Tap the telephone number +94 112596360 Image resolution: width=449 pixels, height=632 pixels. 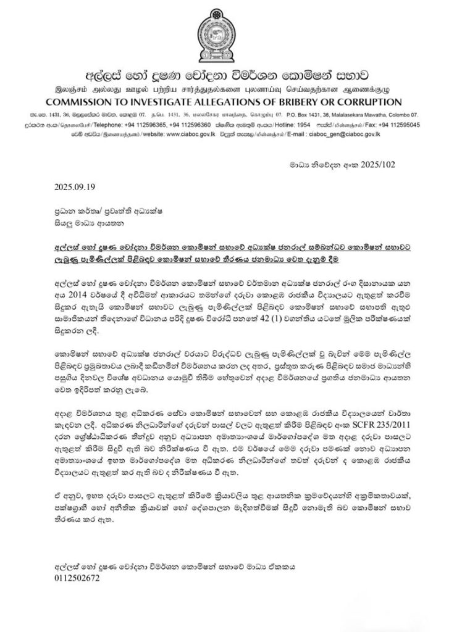pyautogui.click(x=193, y=123)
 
